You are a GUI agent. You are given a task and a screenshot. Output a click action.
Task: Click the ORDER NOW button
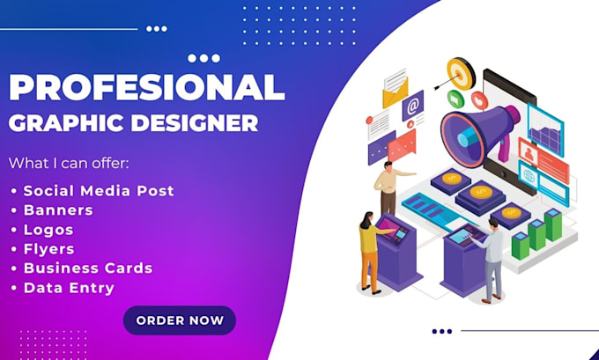180,320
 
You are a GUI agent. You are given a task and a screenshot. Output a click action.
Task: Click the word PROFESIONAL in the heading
146,88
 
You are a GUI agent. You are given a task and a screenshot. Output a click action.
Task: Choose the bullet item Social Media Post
99,190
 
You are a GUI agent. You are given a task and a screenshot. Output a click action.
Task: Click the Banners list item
58,209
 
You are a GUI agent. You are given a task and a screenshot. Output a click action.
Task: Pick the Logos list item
50,229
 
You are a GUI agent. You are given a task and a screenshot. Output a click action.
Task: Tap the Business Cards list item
88,268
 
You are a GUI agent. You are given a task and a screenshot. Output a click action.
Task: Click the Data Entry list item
69,287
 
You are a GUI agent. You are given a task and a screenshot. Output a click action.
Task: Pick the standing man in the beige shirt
388,186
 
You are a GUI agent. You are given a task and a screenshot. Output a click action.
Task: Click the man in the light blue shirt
494,259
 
